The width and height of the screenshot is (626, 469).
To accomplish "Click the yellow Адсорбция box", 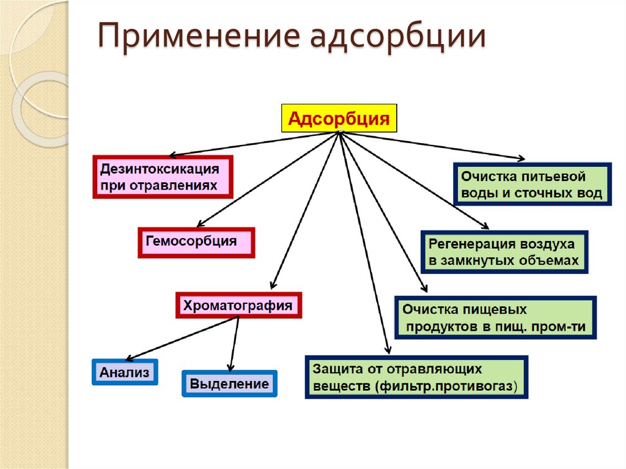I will (338, 119).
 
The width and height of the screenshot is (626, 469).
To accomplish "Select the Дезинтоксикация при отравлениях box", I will (163, 177).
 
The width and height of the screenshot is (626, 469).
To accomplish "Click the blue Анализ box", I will (125, 372).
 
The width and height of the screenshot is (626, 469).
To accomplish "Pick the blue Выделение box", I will (229, 384).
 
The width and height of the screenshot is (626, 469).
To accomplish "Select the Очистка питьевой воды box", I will (532, 185).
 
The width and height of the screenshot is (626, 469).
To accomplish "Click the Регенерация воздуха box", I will (504, 252).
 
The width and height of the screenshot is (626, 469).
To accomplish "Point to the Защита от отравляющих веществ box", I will (416, 378).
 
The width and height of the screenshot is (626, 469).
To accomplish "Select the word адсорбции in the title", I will (398, 37).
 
